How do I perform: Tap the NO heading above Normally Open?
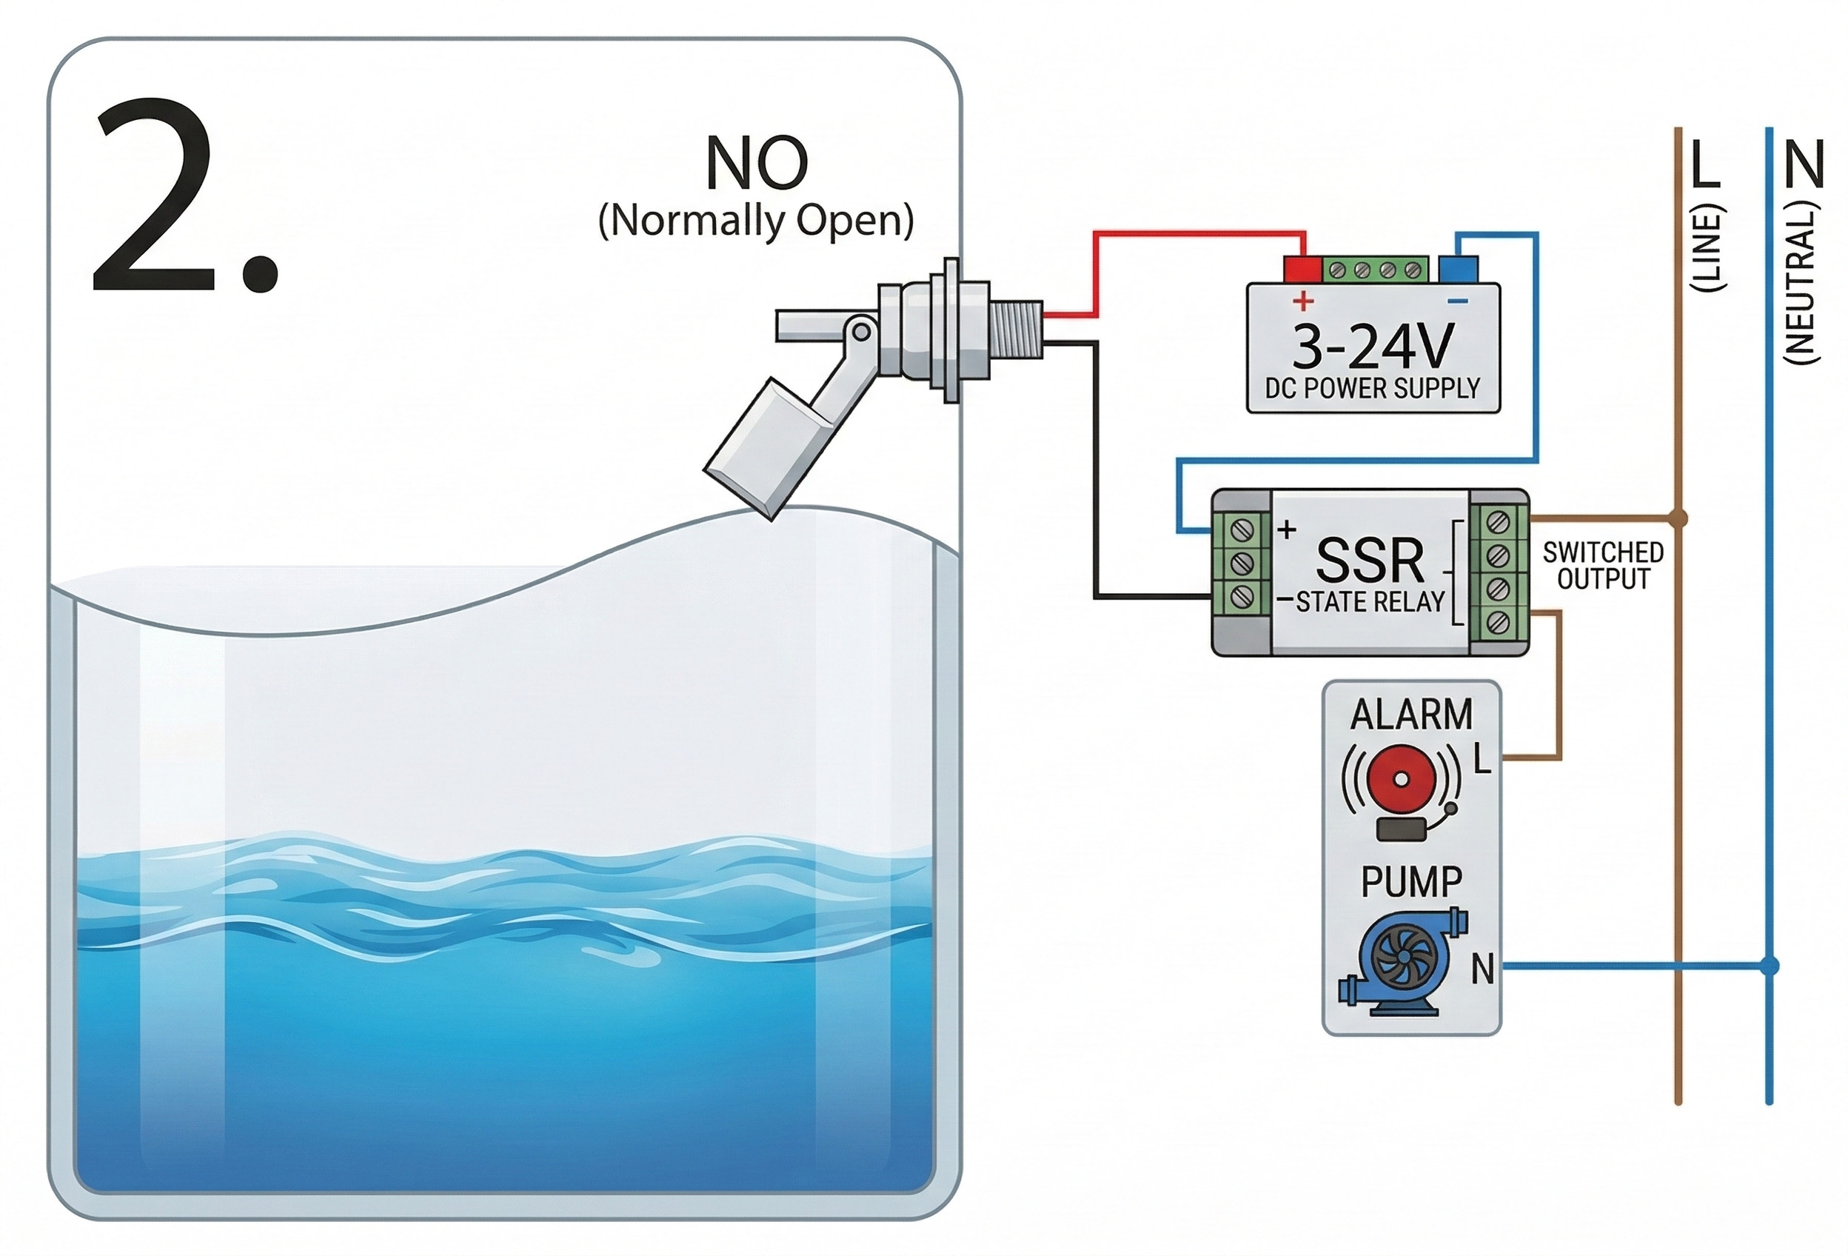pos(756,163)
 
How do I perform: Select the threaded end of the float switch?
pos(1017,330)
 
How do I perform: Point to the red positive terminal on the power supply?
pos(1302,268)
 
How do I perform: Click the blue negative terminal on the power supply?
pos(1459,268)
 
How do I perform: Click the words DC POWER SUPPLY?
pos(1373,389)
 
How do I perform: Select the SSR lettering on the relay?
pos(1369,561)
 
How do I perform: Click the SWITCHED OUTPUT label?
pos(1603,566)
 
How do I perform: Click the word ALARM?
pos(1410,715)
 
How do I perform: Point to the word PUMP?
pos(1410,882)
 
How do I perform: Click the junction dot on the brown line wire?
pos(1678,518)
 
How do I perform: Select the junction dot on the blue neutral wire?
pos(1770,966)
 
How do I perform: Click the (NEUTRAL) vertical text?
pos(1801,283)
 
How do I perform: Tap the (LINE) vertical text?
pos(1707,248)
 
